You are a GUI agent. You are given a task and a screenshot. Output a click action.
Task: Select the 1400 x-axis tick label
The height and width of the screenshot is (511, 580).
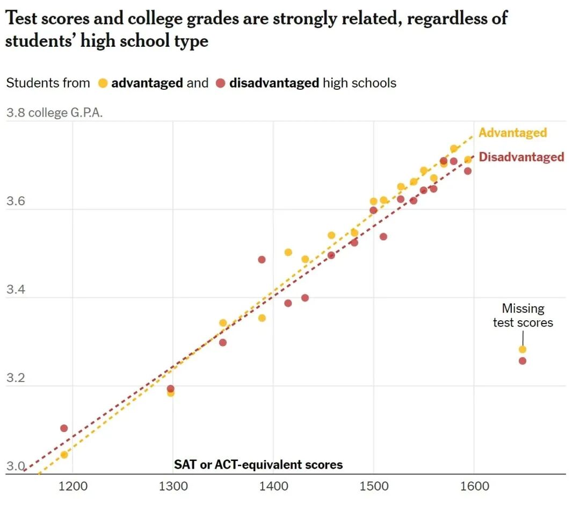tap(273, 487)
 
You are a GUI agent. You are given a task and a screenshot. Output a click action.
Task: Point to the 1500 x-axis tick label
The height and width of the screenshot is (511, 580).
tap(374, 487)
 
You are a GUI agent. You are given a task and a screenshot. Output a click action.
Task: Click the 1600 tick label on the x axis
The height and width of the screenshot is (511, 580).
tap(474, 487)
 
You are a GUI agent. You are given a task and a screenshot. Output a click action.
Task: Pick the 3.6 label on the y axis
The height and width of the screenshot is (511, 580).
tap(16, 202)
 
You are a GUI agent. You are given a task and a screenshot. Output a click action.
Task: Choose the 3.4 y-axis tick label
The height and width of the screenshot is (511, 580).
tap(16, 291)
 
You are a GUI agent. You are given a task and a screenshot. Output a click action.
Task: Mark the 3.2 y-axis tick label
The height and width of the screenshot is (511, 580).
tap(16, 378)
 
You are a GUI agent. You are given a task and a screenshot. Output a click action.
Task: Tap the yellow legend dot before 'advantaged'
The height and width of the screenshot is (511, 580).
tap(103, 84)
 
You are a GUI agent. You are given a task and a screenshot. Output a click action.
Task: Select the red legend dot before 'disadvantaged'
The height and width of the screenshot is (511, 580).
tap(220, 84)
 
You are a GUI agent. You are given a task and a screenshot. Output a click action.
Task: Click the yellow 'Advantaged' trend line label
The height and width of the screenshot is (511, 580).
tap(512, 133)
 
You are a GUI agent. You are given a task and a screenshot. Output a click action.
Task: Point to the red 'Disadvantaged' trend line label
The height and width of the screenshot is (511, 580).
tap(521, 157)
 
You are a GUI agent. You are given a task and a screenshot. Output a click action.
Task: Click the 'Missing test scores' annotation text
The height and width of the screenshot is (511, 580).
tap(523, 315)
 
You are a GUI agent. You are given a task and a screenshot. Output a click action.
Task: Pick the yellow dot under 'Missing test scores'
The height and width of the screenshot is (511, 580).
tap(523, 349)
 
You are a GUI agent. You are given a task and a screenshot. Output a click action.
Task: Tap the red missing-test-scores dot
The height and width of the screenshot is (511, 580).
tap(523, 361)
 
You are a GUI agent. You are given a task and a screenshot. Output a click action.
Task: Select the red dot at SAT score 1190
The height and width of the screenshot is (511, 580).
tap(64, 428)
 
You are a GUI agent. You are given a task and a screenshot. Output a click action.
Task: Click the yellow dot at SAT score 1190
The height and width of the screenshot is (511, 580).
tap(64, 455)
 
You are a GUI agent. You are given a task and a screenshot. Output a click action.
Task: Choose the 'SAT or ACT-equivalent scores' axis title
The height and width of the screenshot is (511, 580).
tap(258, 465)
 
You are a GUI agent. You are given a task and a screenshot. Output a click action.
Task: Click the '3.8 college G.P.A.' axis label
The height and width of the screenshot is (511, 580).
tap(54, 113)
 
